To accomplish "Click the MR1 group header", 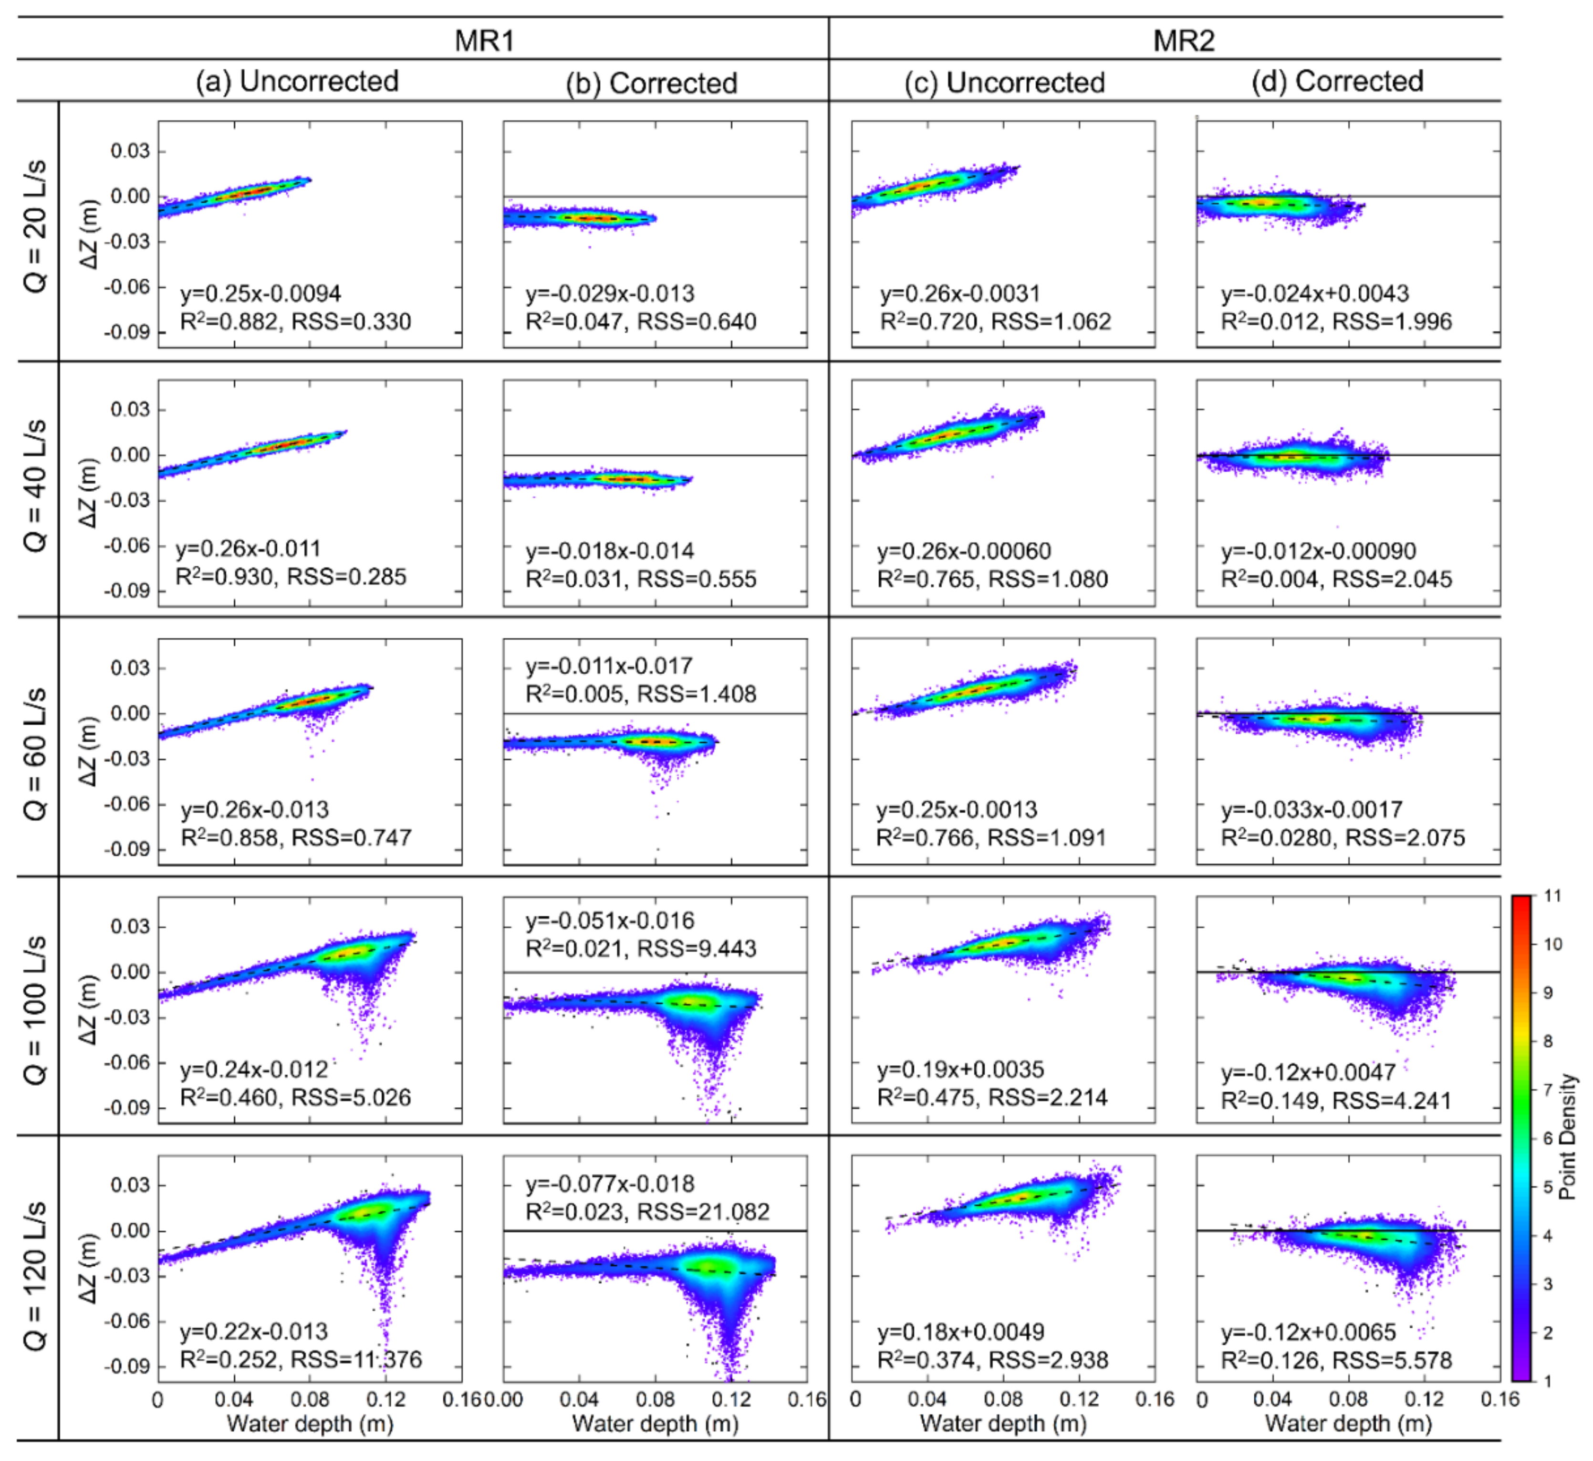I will coord(484,40).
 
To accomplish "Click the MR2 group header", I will coord(1183,40).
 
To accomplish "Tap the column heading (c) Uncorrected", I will coord(1003,82).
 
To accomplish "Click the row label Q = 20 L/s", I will coord(36,227).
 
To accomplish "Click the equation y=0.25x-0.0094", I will coord(261,293).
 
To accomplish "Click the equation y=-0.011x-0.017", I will coord(609,666).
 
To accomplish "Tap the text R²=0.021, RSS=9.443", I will coord(641,948).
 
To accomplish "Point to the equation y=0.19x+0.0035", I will coord(960,1069).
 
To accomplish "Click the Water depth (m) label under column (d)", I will coord(1348,1424).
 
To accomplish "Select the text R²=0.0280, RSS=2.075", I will coord(1343,837).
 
